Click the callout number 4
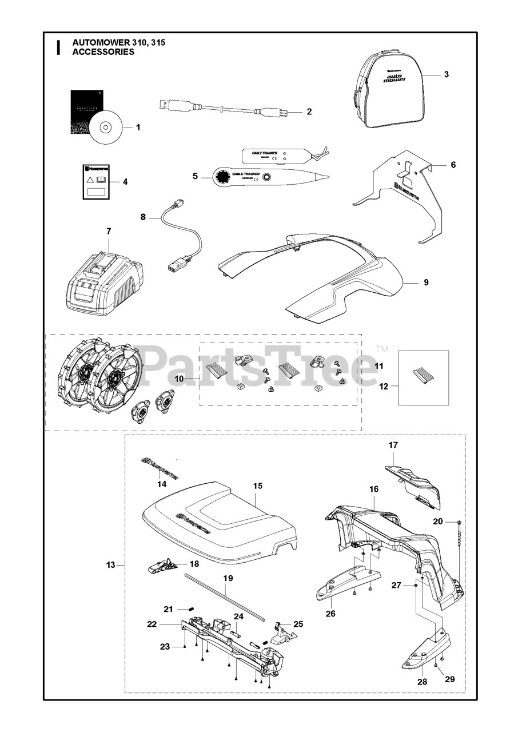tap(125, 182)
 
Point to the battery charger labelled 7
tap(104, 279)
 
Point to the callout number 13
tap(111, 565)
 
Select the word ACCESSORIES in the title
tap(103, 51)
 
